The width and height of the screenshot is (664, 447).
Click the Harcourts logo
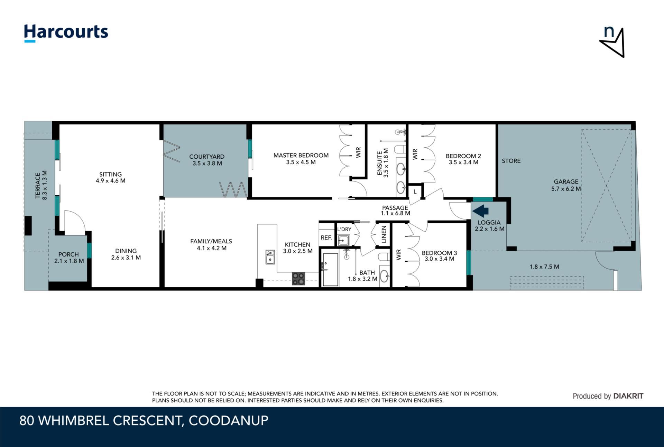click(x=66, y=33)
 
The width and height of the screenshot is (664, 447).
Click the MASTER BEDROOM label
click(x=301, y=156)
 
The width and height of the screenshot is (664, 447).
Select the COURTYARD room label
click(x=207, y=157)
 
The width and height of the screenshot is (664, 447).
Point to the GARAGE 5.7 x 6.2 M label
click(x=566, y=185)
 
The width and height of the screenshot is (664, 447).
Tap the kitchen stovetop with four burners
click(x=298, y=279)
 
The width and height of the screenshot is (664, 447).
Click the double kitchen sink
click(x=270, y=257)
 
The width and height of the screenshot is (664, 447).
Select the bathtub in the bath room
click(x=330, y=270)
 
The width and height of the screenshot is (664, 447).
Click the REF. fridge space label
click(x=326, y=238)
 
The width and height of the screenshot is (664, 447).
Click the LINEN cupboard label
click(x=384, y=234)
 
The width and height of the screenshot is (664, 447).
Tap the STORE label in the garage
click(x=511, y=161)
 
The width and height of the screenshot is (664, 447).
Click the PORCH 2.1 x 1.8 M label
click(x=69, y=258)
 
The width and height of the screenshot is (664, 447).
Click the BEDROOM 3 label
click(x=439, y=253)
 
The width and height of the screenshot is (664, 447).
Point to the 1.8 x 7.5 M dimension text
click(x=544, y=267)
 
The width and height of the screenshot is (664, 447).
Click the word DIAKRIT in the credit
click(x=628, y=396)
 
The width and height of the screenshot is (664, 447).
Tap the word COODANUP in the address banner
click(x=229, y=420)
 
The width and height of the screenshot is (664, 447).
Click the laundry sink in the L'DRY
click(x=343, y=240)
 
